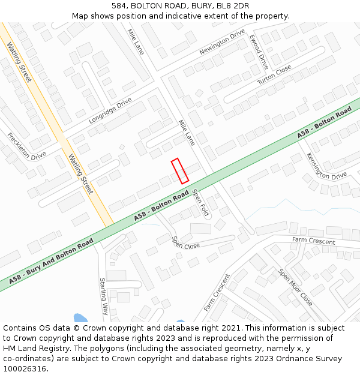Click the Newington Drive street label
[x=222, y=42]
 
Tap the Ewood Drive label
[x=259, y=52]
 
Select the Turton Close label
[x=274, y=74]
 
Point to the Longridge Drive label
[x=110, y=111]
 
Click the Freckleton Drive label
[x=26, y=146]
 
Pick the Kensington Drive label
[x=326, y=166]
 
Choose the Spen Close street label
[x=185, y=242]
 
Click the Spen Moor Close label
[x=295, y=287]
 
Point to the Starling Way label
[x=103, y=296]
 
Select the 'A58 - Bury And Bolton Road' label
[x=51, y=260]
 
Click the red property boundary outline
[x=180, y=171]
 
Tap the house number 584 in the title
[x=119, y=6]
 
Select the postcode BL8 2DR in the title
[x=233, y=6]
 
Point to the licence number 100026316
[x=25, y=369]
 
